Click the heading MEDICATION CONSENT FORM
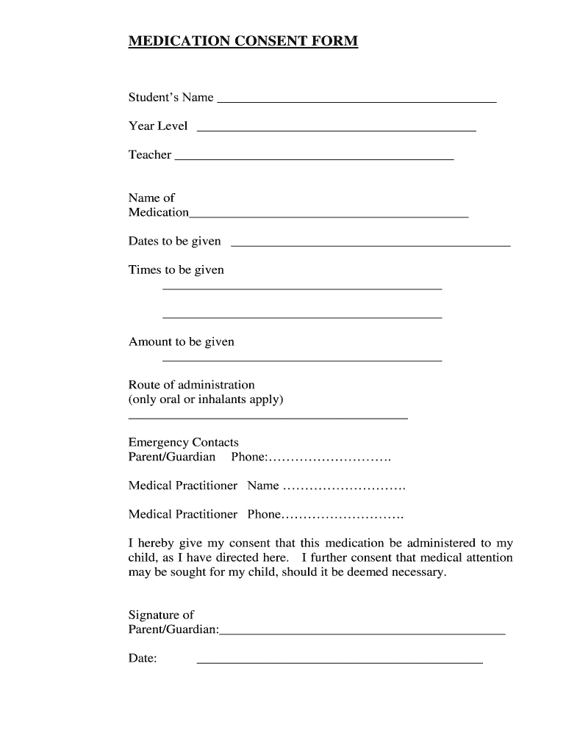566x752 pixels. (x=243, y=41)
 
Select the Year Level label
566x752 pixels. (x=158, y=126)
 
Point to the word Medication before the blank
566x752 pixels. (x=158, y=213)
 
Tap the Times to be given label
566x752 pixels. (x=176, y=270)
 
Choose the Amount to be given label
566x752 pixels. (x=182, y=342)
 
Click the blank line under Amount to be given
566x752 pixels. (x=301, y=361)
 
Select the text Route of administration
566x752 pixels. (x=192, y=385)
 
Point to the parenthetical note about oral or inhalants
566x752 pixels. (x=206, y=399)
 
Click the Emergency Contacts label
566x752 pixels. (x=184, y=443)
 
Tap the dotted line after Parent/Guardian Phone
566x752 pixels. (x=329, y=459)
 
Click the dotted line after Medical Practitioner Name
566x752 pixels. (x=344, y=487)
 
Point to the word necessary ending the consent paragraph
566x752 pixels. (x=419, y=572)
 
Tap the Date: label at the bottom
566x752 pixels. (x=143, y=659)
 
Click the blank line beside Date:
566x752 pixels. (x=340, y=662)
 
